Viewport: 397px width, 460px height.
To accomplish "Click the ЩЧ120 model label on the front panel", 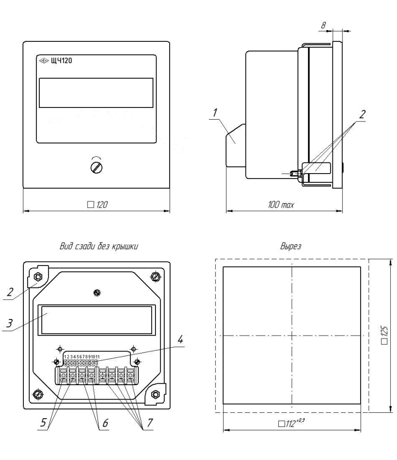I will pos(61,61).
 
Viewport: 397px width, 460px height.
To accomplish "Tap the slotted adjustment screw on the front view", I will pos(96,167).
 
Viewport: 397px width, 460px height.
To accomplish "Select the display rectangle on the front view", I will pos(96,92).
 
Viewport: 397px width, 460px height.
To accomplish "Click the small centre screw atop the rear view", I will pos(97,292).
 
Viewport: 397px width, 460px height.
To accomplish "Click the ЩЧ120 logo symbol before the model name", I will pos(42,61).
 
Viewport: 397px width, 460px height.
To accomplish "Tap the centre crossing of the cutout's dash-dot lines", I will pos(292,336).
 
